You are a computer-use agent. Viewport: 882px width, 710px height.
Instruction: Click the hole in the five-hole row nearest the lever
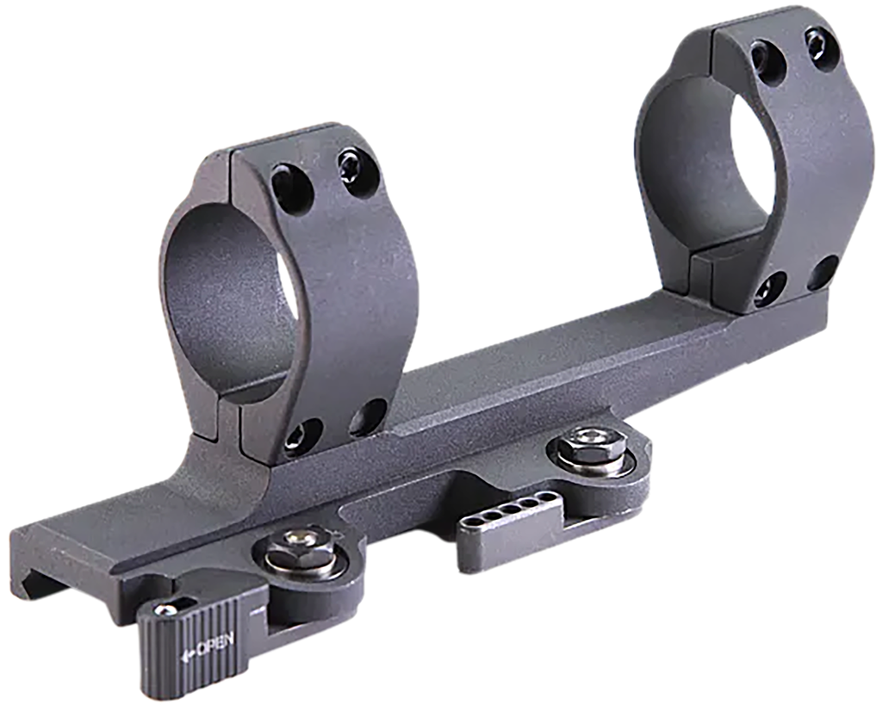[476, 526]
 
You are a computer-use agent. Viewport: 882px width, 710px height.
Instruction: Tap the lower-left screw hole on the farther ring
[768, 290]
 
